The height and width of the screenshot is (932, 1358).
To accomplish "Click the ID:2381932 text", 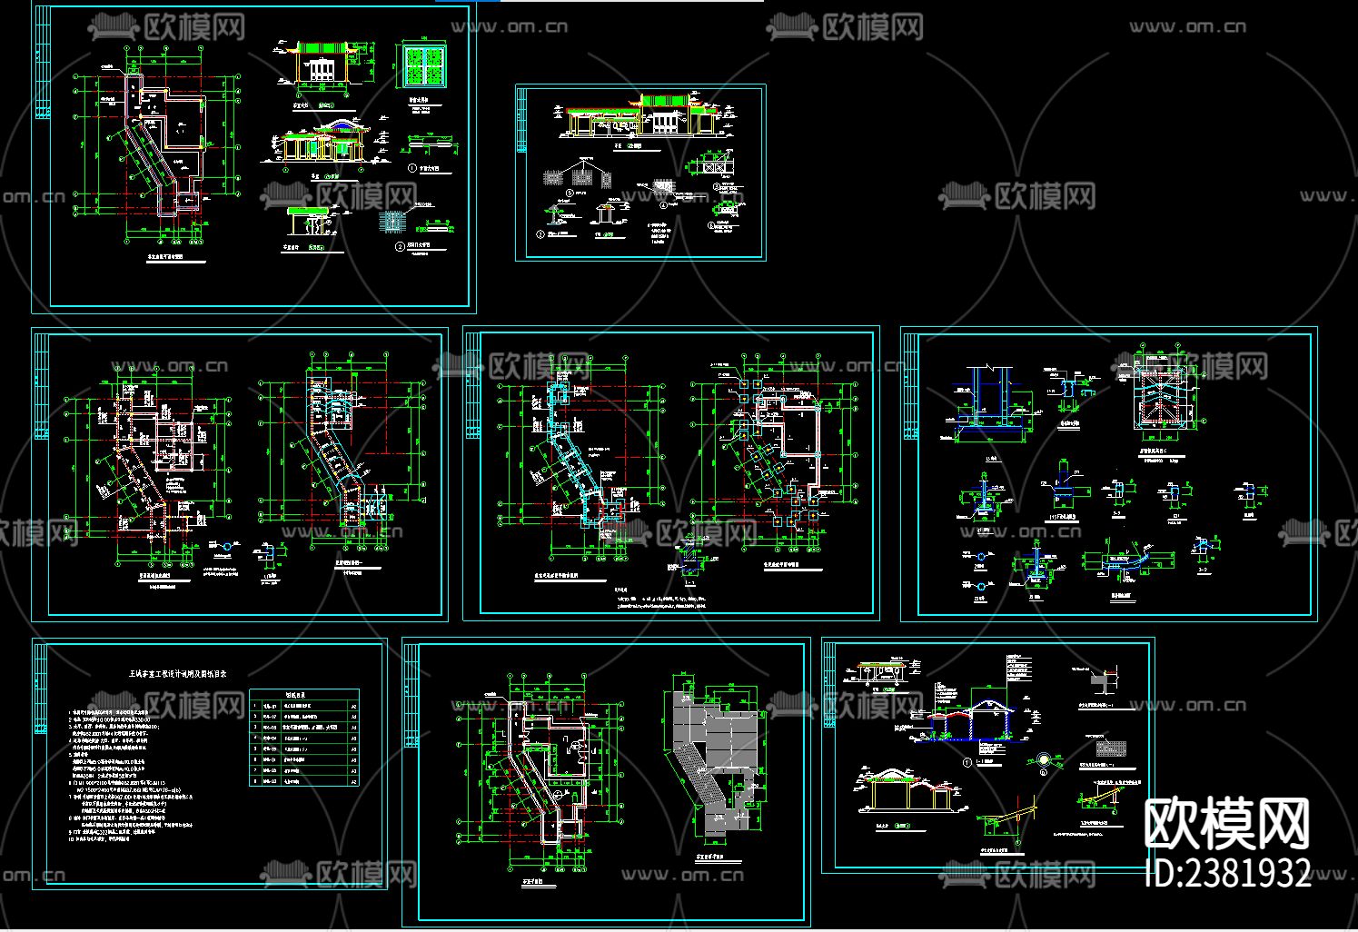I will (1228, 874).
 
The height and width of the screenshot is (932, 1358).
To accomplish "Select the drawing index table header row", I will (303, 695).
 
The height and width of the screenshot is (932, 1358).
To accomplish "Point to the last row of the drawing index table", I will (303, 779).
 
